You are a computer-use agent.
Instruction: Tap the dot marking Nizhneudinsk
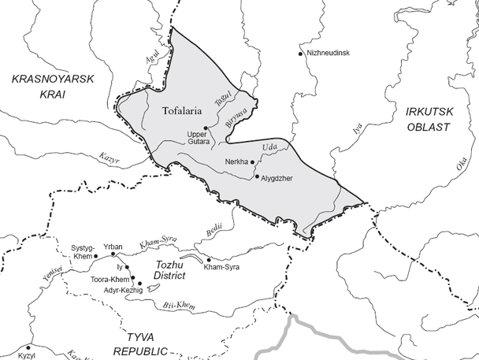pyautogui.click(x=300, y=54)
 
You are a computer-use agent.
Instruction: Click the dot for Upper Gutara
pyautogui.click(x=206, y=128)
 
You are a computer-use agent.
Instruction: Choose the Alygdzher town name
pyautogui.click(x=281, y=178)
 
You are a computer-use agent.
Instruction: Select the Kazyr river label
pyautogui.click(x=109, y=159)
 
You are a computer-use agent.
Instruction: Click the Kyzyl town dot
pyautogui.click(x=28, y=346)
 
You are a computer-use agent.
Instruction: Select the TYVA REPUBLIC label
pyautogui.click(x=141, y=344)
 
